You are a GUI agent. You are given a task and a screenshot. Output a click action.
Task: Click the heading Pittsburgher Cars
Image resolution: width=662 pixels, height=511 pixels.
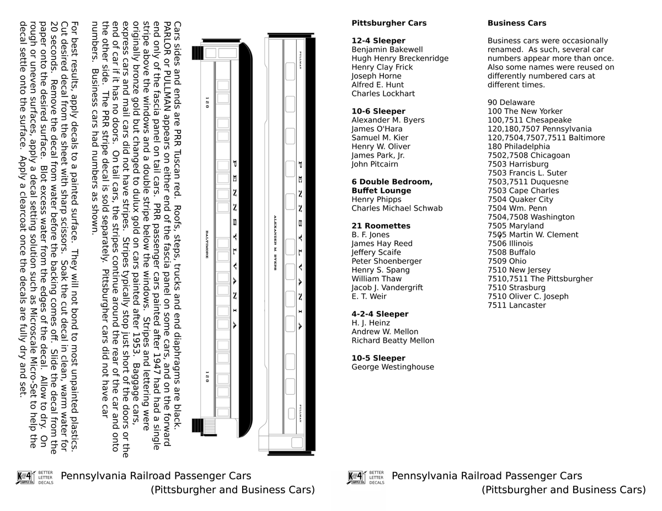389,23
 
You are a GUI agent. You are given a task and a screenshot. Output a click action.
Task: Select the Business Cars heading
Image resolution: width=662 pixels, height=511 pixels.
517,23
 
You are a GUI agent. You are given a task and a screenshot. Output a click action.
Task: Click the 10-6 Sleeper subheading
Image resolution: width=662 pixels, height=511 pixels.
378,111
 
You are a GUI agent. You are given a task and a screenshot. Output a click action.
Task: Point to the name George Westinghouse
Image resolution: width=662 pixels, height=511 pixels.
393,367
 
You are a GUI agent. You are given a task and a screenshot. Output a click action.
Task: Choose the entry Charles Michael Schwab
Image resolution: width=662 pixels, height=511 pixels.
397,208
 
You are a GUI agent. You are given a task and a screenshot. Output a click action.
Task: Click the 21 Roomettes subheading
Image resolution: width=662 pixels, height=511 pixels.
381,226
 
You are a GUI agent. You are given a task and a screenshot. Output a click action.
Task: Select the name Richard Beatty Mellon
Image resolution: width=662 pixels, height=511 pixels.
393,341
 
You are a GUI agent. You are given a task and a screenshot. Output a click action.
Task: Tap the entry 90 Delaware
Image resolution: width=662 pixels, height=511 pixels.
511,103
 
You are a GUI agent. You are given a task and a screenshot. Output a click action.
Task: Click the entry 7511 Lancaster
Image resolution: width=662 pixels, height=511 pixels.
517,305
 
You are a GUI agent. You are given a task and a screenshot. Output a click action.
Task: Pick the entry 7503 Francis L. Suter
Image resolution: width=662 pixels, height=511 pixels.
527,173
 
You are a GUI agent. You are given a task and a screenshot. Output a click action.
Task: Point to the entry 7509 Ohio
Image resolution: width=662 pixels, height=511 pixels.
507,261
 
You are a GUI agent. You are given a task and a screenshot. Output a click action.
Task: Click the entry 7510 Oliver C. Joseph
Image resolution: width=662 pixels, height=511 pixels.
528,297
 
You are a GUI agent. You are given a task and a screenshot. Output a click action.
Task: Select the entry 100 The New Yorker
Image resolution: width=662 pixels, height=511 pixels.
525,111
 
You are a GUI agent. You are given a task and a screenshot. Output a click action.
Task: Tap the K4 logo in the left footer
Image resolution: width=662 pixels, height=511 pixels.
26,477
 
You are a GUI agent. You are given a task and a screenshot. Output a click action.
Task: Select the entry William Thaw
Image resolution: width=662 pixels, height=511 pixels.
376,279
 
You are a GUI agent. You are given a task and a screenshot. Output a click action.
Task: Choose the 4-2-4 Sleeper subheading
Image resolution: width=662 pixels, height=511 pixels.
380,314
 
